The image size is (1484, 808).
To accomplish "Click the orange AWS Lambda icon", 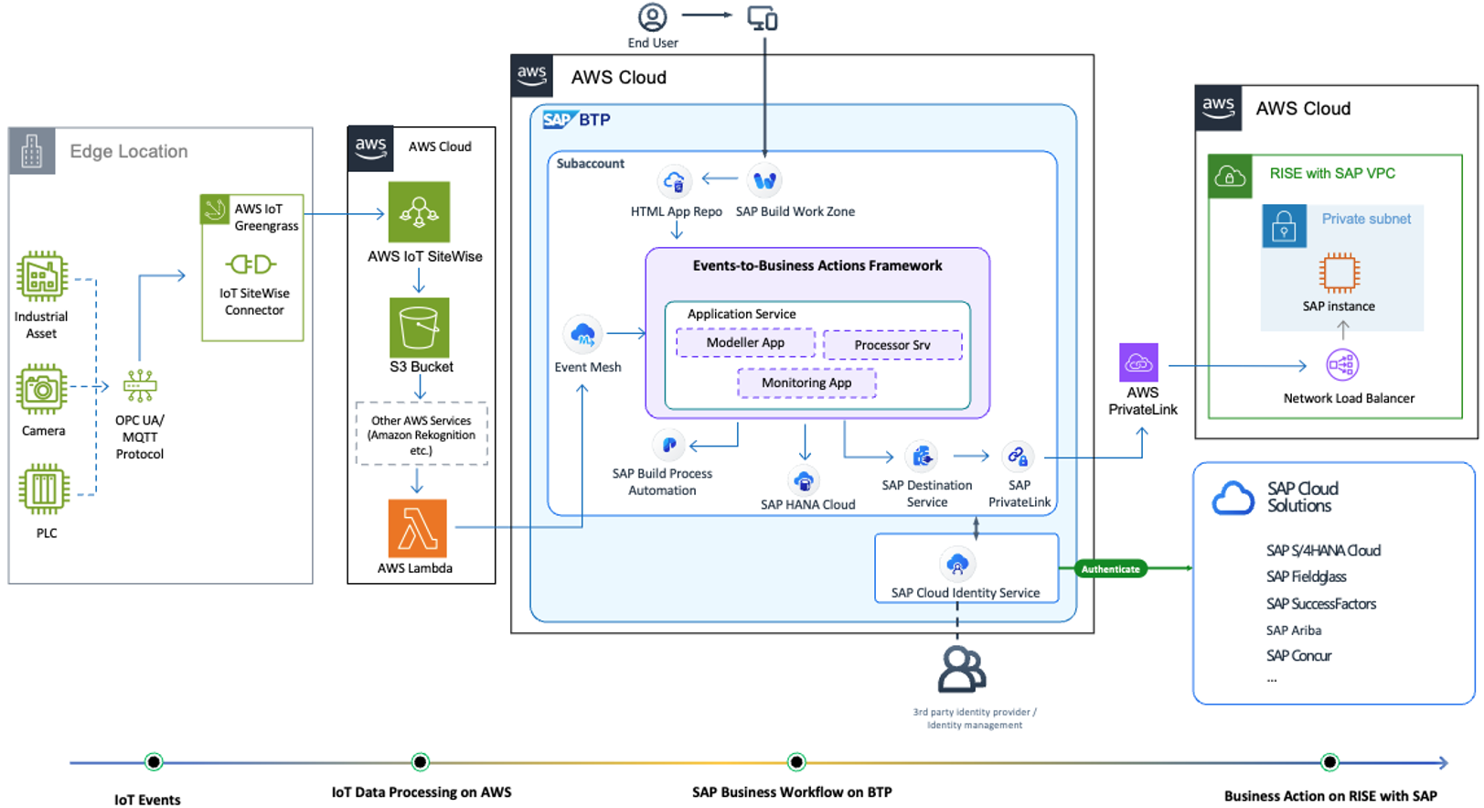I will (x=417, y=528).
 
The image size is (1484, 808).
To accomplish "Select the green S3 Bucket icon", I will (x=419, y=327).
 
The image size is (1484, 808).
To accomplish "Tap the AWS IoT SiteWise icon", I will (x=419, y=211).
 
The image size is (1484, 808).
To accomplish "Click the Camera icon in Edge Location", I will (x=41, y=390).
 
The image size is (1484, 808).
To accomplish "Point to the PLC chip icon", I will (x=44, y=489).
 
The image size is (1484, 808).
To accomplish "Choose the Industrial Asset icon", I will (x=42, y=276).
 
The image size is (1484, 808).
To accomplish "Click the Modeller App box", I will (x=745, y=342).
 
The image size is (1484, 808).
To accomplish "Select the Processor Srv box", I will (x=892, y=345).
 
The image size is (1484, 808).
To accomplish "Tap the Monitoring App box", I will (x=806, y=382).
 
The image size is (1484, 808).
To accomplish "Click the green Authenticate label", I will (x=1110, y=569).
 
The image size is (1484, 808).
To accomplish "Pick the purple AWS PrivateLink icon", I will (x=1138, y=362).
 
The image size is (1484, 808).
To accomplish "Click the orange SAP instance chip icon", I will (x=1339, y=273).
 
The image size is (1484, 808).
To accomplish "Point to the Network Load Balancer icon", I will (x=1341, y=365).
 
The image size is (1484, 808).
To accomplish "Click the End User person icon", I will (x=652, y=16).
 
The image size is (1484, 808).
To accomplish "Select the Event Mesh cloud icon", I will (x=583, y=335).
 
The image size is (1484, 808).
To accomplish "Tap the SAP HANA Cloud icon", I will (x=804, y=480).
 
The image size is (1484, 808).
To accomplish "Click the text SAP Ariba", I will (x=1293, y=630).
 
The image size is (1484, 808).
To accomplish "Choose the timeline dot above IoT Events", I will (x=154, y=762).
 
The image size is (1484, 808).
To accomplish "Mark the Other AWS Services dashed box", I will (x=422, y=435).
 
